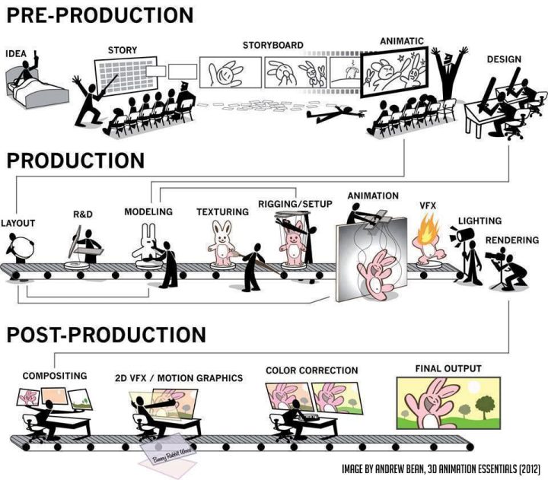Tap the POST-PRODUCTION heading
tap(106, 335)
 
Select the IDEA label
tap(18, 54)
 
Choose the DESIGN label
tap(505, 59)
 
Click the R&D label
tap(82, 215)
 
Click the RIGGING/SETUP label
tap(294, 204)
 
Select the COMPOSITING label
tap(54, 376)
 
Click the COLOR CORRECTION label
tap(311, 370)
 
